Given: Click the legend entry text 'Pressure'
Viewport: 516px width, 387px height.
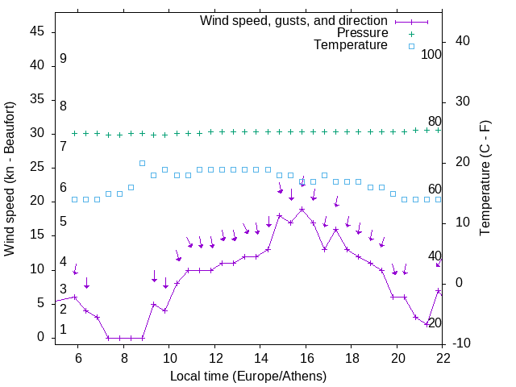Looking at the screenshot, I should click(x=362, y=33).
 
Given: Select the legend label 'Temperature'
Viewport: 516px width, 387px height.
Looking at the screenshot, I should click(x=351, y=45).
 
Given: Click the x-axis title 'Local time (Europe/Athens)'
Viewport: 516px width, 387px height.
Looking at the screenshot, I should click(x=248, y=376).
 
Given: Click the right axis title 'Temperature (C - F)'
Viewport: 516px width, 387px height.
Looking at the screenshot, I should click(x=485, y=179).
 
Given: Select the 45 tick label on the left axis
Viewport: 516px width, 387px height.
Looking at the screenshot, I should click(x=37, y=32).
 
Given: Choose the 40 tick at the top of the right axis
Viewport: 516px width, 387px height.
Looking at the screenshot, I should click(x=463, y=41).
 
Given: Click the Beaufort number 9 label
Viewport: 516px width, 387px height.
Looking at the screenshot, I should click(x=63, y=59).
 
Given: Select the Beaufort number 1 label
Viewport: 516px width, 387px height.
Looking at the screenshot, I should click(x=63, y=330).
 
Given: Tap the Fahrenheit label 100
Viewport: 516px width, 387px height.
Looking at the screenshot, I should click(x=431, y=54).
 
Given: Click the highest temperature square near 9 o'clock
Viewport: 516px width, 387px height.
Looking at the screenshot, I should click(x=142, y=163).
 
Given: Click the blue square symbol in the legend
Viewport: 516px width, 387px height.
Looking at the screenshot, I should click(x=411, y=46).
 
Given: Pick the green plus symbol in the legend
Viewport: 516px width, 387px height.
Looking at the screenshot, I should click(x=411, y=34).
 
